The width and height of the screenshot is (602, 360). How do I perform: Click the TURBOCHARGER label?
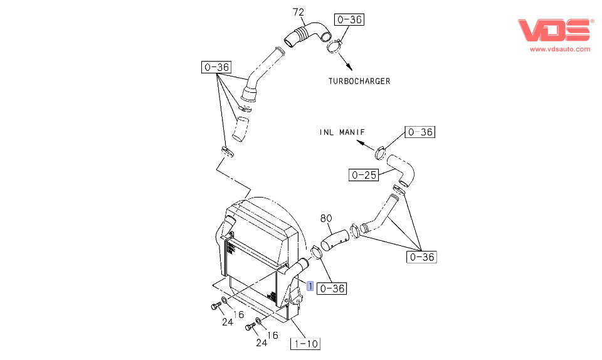(359, 81)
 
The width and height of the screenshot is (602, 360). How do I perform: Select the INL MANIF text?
(342, 132)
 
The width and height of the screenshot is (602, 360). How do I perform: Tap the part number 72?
(298, 13)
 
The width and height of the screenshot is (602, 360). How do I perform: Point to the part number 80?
(326, 218)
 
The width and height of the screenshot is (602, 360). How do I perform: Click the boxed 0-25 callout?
(364, 175)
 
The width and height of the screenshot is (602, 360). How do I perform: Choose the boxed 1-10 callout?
(305, 344)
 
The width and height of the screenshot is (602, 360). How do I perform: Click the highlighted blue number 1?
(310, 286)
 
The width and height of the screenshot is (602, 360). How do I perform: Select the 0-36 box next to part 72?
(349, 19)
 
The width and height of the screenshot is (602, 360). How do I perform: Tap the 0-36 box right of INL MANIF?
(420, 132)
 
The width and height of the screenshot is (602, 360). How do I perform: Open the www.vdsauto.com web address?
(560, 49)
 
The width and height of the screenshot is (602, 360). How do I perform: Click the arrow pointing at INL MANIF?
(366, 146)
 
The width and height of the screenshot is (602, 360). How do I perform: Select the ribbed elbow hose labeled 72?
(308, 34)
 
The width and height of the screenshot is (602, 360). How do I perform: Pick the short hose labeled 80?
(335, 240)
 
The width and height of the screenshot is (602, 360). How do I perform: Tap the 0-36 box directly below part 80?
(332, 289)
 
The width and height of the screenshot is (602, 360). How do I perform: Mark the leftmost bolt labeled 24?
(216, 305)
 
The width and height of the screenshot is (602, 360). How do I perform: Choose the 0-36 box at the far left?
(216, 67)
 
